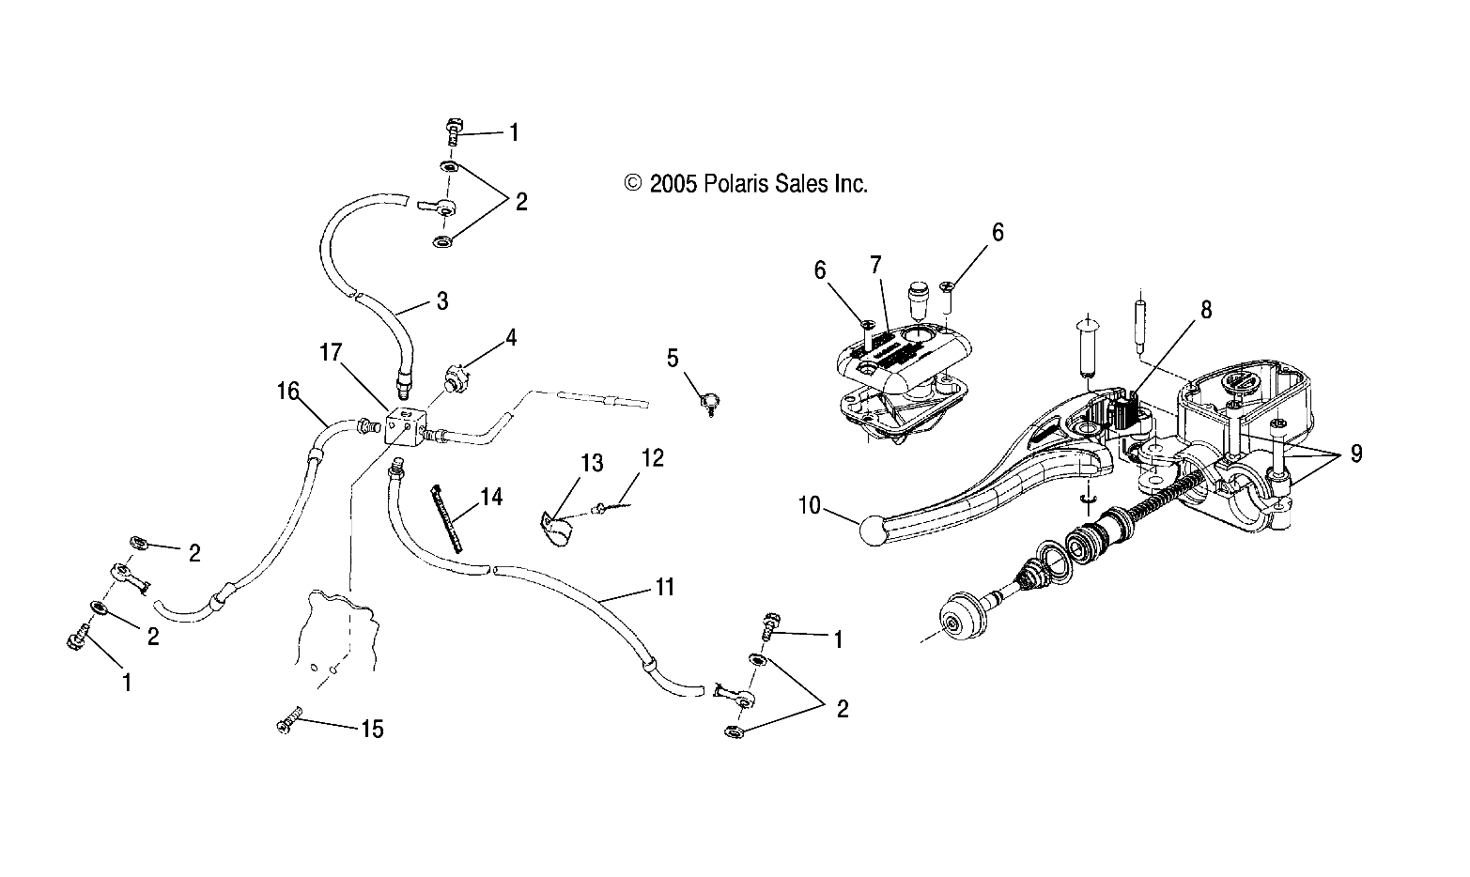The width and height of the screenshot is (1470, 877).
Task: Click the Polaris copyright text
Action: (747, 184)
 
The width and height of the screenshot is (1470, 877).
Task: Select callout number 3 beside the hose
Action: (441, 301)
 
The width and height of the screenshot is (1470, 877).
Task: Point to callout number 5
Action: (672, 358)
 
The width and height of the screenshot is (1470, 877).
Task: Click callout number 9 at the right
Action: (1354, 454)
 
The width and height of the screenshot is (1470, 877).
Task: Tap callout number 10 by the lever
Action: (810, 508)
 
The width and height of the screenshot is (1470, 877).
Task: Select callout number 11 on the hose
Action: (665, 589)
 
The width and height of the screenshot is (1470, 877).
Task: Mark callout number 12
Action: (653, 458)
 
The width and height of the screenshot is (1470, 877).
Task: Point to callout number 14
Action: (490, 497)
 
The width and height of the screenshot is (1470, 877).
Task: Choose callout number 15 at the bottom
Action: (372, 730)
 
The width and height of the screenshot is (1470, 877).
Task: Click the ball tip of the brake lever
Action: (874, 532)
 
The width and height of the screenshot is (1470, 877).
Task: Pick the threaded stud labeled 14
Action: (448, 517)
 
